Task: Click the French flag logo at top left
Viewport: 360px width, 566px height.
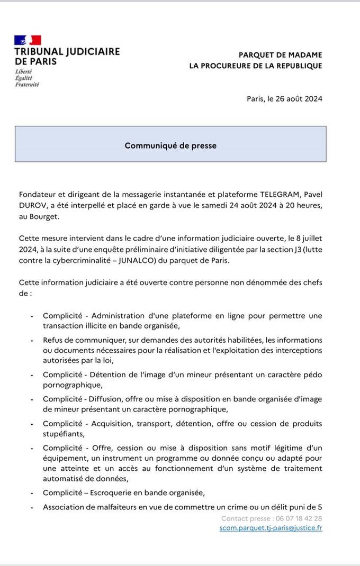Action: (28, 40)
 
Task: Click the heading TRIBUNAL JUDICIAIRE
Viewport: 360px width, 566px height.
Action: (67, 52)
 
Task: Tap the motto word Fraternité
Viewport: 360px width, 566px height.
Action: (26, 85)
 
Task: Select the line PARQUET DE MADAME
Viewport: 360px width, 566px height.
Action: (280, 55)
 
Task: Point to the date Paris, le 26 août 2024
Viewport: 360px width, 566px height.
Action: (284, 98)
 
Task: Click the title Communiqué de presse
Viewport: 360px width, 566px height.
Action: (170, 145)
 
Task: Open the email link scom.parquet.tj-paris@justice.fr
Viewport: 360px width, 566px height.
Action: (271, 528)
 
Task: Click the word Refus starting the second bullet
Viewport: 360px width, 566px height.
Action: (53, 340)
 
